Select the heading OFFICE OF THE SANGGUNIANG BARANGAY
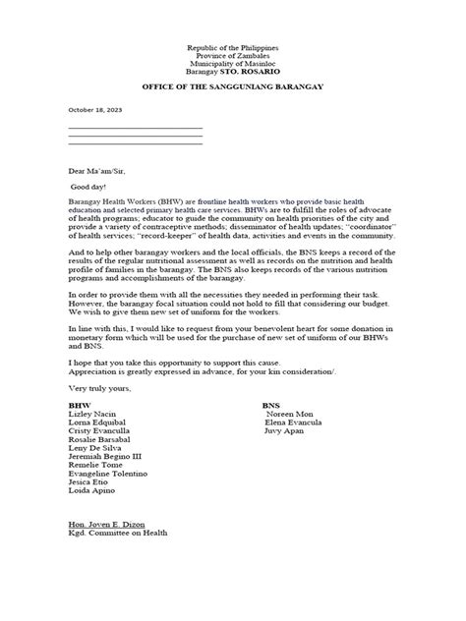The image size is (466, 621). tap(232, 89)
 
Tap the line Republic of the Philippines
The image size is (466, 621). tap(232, 48)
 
